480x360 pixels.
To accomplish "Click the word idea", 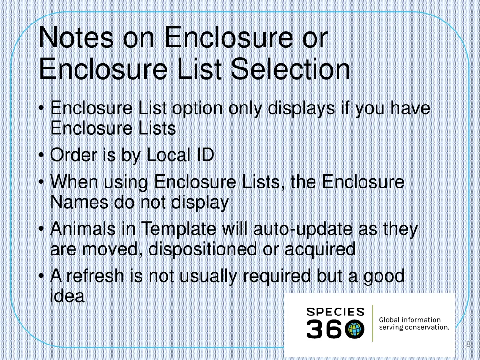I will (x=67, y=296).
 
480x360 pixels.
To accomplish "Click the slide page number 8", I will (x=468, y=345).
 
